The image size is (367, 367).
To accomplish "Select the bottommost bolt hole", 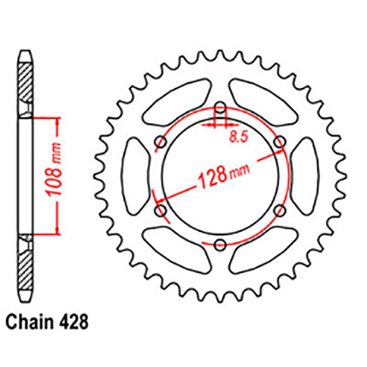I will (x=219, y=243).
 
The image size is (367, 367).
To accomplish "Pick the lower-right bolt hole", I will (x=278, y=211).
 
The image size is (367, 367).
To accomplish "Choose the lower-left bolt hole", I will (x=161, y=211).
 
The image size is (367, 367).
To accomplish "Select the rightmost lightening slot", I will (x=306, y=176).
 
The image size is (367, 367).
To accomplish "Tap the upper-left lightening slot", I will (x=176, y=101).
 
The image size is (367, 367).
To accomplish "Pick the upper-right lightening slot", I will (x=263, y=101).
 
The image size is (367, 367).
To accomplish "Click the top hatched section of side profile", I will (x=24, y=84).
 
